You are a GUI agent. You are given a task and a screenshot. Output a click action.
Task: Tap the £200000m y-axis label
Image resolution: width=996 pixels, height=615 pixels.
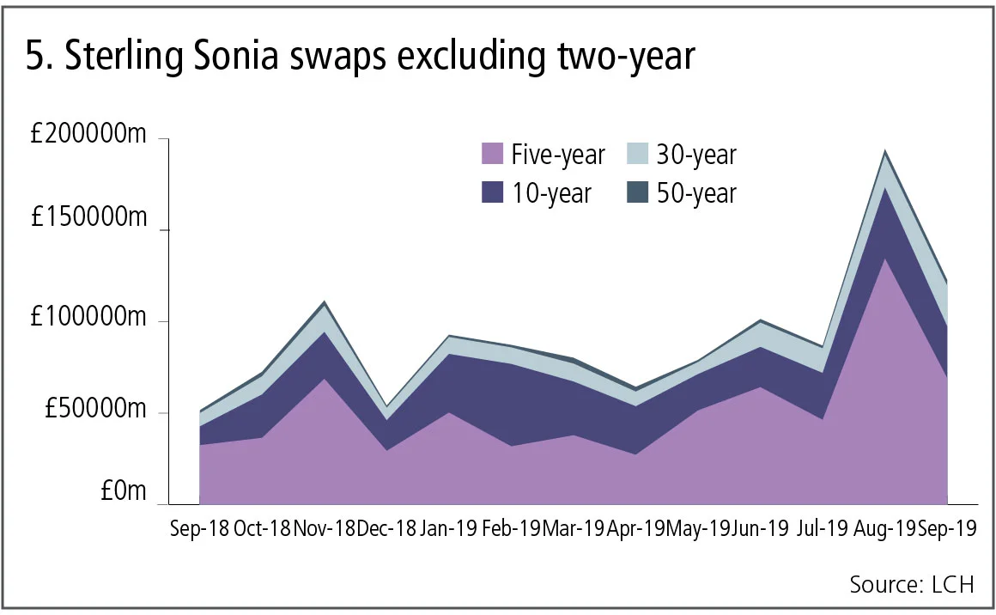[88, 137]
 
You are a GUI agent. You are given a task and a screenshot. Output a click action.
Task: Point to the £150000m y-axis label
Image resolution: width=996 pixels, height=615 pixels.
[88, 219]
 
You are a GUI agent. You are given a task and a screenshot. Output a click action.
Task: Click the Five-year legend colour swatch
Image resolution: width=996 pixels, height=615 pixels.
[492, 155]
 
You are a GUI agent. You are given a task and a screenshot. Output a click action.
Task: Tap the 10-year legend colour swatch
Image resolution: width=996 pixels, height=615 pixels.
[492, 192]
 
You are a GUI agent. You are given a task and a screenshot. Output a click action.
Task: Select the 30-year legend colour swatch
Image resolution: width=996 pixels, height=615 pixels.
[637, 155]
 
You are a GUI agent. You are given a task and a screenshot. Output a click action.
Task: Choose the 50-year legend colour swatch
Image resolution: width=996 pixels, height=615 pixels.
[637, 192]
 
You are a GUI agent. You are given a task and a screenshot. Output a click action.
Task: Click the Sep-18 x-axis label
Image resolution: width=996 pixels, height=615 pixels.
[199, 528]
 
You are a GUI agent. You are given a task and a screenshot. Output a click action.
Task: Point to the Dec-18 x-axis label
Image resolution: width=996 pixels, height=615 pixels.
[386, 528]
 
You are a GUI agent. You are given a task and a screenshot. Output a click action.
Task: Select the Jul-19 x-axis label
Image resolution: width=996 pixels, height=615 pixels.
[823, 528]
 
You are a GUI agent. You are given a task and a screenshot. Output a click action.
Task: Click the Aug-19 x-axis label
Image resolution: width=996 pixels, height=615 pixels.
[884, 528]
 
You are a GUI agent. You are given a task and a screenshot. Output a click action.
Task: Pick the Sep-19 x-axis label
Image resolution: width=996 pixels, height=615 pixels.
[947, 528]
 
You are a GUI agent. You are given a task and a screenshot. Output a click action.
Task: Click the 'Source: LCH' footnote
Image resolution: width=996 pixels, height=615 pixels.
[912, 585]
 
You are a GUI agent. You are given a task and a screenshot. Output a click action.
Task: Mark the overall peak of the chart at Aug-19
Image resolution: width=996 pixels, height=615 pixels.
[884, 151]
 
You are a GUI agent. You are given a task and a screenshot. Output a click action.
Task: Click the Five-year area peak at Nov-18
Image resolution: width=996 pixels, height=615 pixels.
[324, 379]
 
